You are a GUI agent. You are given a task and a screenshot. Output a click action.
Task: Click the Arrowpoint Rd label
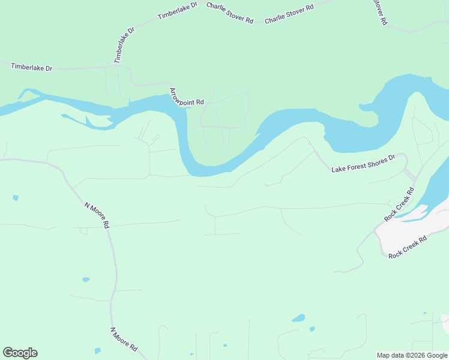click(x=187, y=97)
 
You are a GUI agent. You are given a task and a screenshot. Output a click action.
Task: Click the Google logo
click(x=20, y=353)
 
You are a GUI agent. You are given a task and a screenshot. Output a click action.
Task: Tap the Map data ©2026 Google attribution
click(x=412, y=355)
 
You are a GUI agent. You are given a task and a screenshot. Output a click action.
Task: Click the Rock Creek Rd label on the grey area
click(x=408, y=247)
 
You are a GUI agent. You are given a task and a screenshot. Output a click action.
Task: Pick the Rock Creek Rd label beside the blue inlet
click(x=399, y=205)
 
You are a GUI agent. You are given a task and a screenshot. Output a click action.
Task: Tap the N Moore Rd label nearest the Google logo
click(x=124, y=340)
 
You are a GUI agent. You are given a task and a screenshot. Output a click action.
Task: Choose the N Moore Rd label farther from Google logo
click(x=97, y=215)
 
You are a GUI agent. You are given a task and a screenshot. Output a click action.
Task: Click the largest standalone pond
click(x=298, y=318)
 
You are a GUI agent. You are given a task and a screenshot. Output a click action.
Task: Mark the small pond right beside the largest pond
click(x=312, y=329)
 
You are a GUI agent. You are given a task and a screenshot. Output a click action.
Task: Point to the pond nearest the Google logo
click(x=97, y=350)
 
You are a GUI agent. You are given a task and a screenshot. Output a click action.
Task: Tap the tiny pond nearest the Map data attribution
click(x=424, y=313)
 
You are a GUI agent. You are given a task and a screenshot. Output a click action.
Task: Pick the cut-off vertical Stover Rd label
click(x=380, y=11)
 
